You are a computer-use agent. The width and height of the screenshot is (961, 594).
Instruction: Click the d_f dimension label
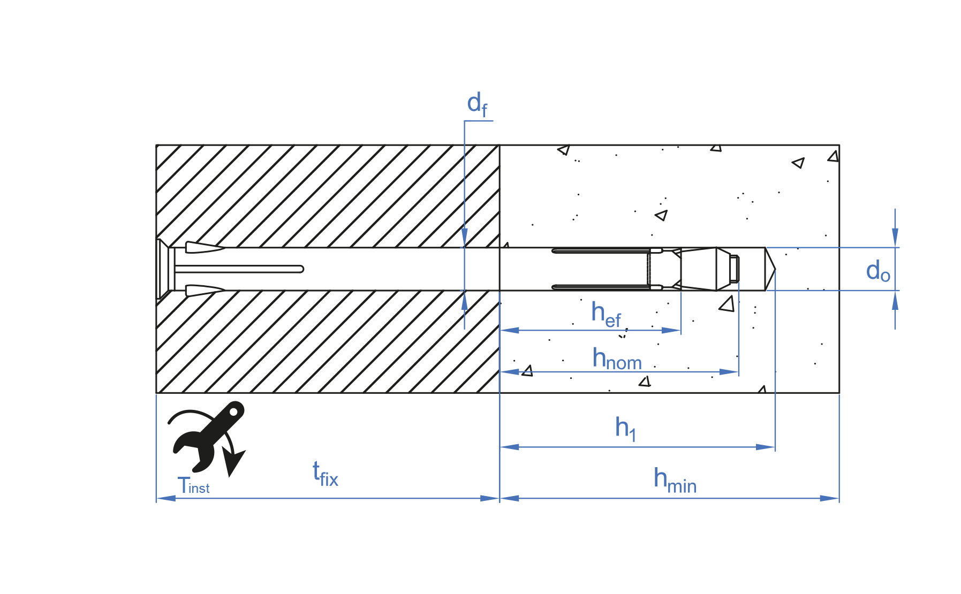click(x=476, y=104)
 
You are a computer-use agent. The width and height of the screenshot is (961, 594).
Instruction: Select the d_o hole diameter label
click(x=877, y=271)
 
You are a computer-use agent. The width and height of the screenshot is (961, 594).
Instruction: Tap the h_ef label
click(x=606, y=314)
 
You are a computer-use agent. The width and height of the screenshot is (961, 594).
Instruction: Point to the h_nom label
click(x=616, y=359)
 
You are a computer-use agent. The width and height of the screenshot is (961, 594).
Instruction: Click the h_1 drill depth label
click(x=625, y=429)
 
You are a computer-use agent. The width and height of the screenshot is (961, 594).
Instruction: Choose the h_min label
click(x=674, y=480)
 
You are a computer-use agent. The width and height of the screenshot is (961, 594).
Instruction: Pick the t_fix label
click(x=325, y=474)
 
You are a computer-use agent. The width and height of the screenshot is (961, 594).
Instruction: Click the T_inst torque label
click(x=193, y=486)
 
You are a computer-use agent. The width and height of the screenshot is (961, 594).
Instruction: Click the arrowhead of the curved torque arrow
click(x=233, y=462)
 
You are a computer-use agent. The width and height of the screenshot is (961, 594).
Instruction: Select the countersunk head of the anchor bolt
click(x=163, y=269)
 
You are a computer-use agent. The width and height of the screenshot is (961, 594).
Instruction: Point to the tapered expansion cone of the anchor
click(x=699, y=269)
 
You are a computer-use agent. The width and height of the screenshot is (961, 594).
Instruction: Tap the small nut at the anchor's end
click(x=734, y=269)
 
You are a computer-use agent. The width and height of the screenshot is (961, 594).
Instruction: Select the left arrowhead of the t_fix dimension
click(x=165, y=498)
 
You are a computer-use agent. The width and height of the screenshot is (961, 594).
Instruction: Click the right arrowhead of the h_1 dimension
click(x=766, y=447)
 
